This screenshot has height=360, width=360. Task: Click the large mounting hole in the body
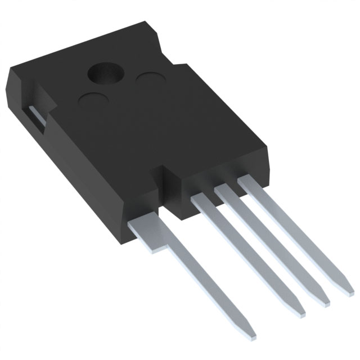click(x=106, y=73)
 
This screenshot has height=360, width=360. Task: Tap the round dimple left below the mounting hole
click(x=93, y=102)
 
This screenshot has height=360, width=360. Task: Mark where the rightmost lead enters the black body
click(x=246, y=181)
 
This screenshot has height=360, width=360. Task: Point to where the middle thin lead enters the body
click(x=224, y=190)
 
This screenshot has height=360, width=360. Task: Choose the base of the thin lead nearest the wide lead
click(x=201, y=198)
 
